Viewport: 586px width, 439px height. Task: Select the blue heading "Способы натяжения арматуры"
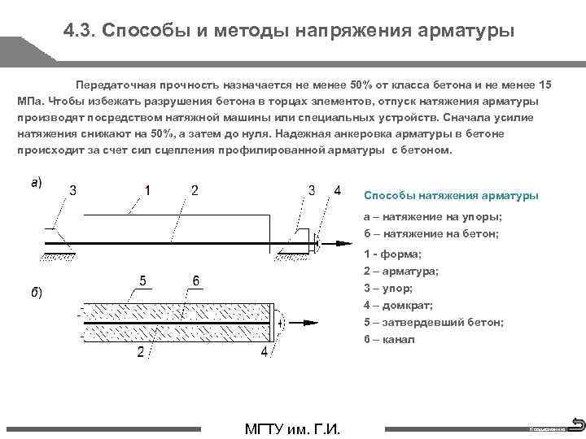[450, 196]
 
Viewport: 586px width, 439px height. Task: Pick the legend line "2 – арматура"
[401, 271]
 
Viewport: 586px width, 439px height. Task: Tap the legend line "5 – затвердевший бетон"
[433, 322]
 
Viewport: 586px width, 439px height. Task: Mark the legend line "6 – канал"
[389, 339]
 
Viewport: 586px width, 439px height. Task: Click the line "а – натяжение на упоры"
[432, 217]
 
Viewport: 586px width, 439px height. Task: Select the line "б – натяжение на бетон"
[431, 233]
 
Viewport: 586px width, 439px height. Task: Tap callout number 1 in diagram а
[147, 190]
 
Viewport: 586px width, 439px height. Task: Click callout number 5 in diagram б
[142, 280]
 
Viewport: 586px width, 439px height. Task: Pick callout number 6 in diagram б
[196, 280]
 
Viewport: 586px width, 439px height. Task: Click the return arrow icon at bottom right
[577, 424]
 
